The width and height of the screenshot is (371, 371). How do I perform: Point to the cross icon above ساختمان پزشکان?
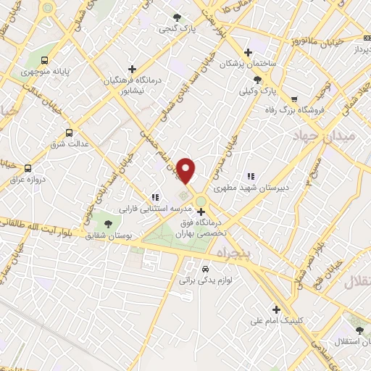click(249, 52)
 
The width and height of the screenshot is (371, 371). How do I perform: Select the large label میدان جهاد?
click(325, 136)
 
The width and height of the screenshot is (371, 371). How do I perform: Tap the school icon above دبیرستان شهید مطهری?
click(251, 175)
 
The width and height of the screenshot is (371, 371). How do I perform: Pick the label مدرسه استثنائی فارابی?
click(154, 208)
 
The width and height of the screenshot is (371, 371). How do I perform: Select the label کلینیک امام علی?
click(275, 320)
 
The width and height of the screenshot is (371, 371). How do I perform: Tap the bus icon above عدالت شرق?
click(70, 133)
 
